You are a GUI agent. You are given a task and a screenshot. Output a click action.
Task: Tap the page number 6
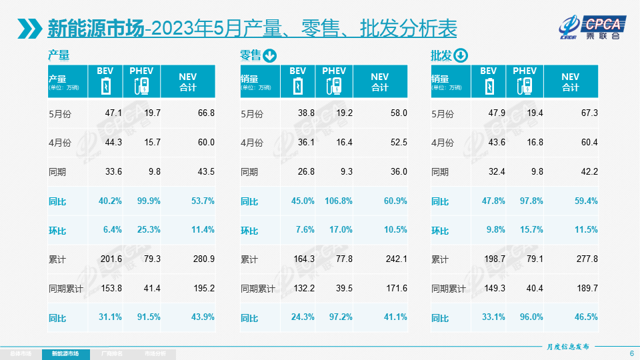click(631, 352)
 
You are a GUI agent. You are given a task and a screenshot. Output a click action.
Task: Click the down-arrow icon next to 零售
click(269, 55)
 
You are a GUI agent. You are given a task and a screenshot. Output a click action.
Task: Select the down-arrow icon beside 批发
click(461, 55)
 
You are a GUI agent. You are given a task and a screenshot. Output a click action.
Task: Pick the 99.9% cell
click(148, 201)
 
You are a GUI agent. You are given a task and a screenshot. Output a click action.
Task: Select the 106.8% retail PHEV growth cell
click(338, 201)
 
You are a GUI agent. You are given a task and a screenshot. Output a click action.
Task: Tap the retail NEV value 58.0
click(399, 113)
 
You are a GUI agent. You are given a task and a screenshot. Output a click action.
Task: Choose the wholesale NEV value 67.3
click(589, 113)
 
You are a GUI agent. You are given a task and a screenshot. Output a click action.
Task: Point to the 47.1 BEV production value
click(114, 113)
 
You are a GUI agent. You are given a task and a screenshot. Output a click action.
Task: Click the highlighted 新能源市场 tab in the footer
click(69, 353)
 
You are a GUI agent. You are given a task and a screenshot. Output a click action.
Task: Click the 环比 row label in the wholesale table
click(440, 230)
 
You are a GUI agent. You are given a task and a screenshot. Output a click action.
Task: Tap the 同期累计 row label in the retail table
click(258, 289)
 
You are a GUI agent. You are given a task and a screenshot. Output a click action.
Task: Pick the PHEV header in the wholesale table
click(525, 71)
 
